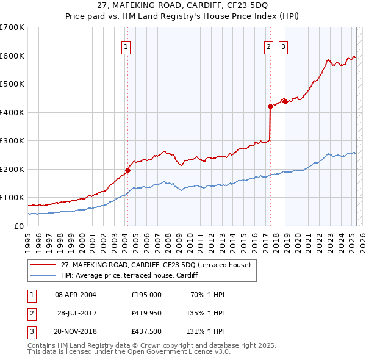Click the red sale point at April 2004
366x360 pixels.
(x=127, y=170)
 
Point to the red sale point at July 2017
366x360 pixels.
(x=270, y=106)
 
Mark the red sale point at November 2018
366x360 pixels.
(x=285, y=101)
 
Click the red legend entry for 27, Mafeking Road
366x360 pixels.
(x=156, y=265)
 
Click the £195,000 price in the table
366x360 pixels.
(x=146, y=295)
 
